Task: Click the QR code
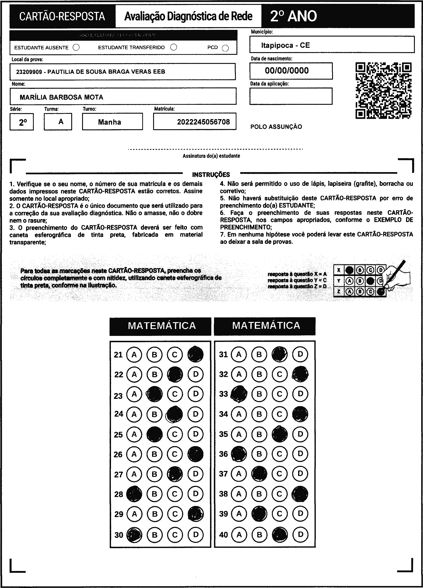[383, 90]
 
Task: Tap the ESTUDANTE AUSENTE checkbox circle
[76, 47]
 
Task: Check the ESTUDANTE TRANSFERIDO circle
[174, 47]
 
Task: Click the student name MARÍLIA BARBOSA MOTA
[61, 97]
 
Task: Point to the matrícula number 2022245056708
[203, 122]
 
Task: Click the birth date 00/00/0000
[287, 71]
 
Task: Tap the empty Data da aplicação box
[291, 96]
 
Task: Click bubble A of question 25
[134, 434]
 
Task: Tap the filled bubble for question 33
[239, 394]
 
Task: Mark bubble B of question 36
[259, 454]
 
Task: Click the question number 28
[119, 494]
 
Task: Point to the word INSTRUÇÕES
[211, 174]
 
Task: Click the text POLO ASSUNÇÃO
[276, 127]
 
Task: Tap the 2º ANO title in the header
[294, 16]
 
